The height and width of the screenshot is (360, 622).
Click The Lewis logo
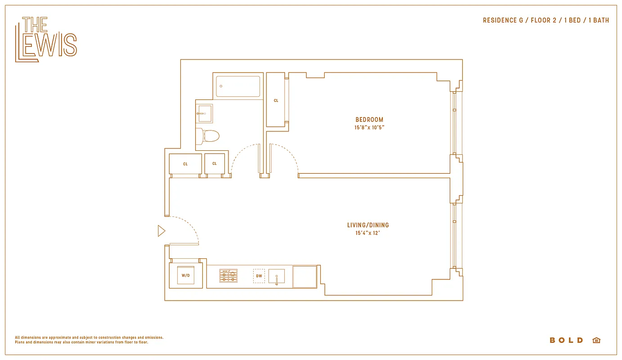46,40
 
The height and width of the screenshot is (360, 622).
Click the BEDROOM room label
369,120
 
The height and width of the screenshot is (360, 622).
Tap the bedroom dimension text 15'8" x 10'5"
369,127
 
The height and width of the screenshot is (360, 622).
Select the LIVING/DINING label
368,225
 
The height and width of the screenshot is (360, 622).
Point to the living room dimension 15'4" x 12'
368,233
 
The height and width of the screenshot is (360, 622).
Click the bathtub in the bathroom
238,86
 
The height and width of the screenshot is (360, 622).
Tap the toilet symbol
210,135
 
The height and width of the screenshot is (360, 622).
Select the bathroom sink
205,114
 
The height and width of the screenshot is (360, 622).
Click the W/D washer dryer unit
185,275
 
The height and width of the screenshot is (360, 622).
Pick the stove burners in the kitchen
228,276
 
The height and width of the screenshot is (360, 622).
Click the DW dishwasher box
259,276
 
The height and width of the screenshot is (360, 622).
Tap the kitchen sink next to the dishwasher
277,276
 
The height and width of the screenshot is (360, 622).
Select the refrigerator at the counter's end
305,276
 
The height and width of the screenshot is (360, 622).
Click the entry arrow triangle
161,231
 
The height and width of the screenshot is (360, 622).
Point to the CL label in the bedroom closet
276,100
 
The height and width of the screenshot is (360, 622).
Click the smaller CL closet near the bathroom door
215,164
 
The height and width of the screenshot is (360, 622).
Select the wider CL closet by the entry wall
185,164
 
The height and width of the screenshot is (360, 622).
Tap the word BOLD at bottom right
566,340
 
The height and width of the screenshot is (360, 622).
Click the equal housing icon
596,340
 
